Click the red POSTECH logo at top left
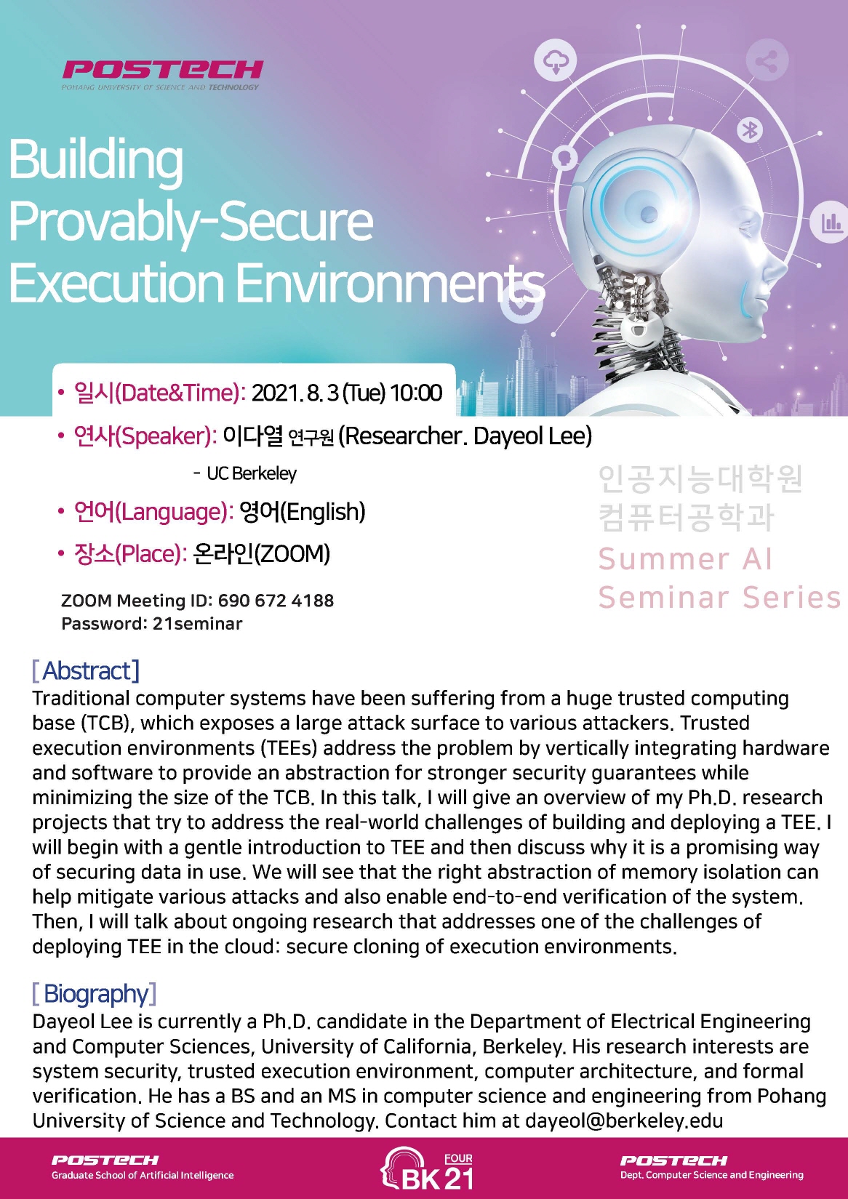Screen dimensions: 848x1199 (x=162, y=75)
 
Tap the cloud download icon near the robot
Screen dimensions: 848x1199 (x=556, y=60)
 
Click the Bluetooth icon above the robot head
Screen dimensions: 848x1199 (x=750, y=129)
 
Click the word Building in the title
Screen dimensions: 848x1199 (x=96, y=161)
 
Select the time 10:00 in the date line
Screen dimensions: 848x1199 (x=416, y=393)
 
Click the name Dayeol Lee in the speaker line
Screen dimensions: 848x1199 (x=532, y=436)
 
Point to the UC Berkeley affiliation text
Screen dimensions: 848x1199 (x=252, y=473)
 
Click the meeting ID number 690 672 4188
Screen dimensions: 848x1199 (x=276, y=601)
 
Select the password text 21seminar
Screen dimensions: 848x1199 (x=197, y=624)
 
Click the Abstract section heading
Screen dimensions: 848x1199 (x=86, y=670)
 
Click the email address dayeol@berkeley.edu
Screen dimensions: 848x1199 (x=624, y=1121)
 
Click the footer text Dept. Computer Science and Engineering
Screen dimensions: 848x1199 (x=711, y=1176)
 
